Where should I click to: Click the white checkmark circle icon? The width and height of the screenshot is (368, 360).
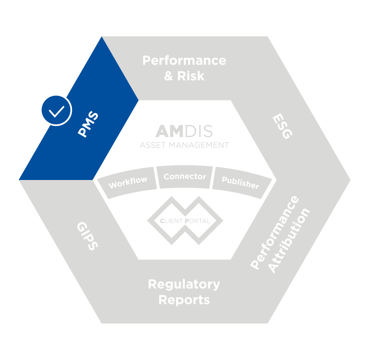(56, 110)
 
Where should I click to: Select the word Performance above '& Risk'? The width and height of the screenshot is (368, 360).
(184, 61)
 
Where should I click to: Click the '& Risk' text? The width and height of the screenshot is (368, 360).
(184, 76)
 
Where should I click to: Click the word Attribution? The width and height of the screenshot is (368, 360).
(290, 241)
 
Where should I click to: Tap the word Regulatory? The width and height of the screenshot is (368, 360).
(184, 284)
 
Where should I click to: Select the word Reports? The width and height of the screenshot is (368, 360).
(184, 300)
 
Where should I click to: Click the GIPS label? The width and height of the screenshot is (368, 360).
(87, 236)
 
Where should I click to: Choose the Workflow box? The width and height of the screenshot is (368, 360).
(128, 182)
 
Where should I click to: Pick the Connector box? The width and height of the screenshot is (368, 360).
(185, 177)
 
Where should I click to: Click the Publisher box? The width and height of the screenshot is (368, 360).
(240, 182)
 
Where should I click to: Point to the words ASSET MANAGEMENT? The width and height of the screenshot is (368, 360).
(184, 145)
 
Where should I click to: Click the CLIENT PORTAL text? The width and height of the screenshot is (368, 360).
(185, 221)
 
